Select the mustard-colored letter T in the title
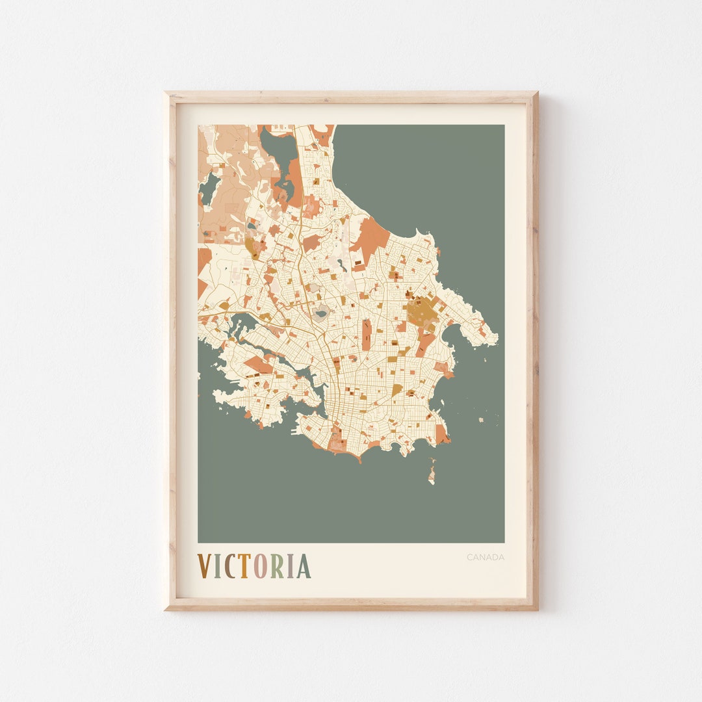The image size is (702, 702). pyautogui.click(x=243, y=566)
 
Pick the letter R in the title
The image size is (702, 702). pyautogui.click(x=276, y=566)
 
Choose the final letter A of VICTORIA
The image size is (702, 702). pyautogui.click(x=304, y=566)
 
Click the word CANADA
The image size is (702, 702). pyautogui.click(x=485, y=557)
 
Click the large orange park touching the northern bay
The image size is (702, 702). pyautogui.click(x=371, y=237)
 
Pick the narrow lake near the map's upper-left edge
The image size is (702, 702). pyautogui.click(x=209, y=189)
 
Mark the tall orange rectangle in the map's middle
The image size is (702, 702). pyautogui.click(x=367, y=334)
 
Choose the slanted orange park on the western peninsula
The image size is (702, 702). pyautogui.click(x=258, y=365)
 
